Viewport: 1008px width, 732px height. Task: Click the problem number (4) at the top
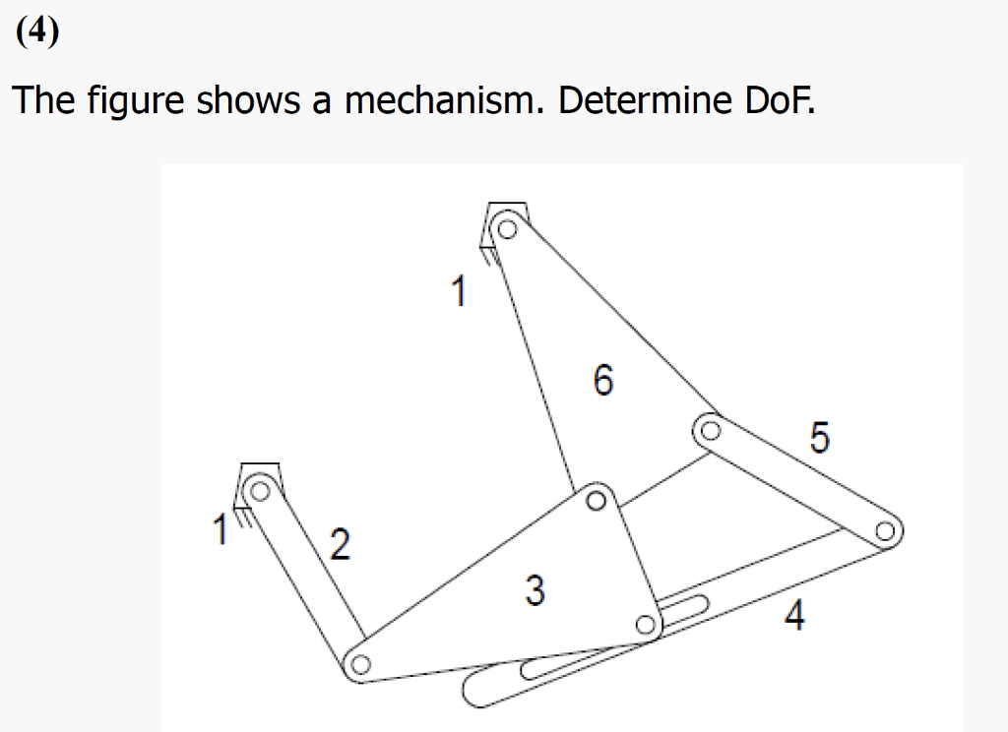tap(37, 32)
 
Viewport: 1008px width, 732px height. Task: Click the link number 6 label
tap(602, 379)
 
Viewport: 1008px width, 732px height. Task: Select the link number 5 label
tap(820, 436)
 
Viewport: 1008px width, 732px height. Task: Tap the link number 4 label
tap(794, 617)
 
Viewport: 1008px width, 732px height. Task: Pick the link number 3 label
tap(534, 590)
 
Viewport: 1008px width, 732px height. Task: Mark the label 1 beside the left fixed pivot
tap(220, 529)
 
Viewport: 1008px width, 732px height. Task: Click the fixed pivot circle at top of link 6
tap(506, 230)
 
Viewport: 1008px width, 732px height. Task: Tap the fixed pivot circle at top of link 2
tap(260, 489)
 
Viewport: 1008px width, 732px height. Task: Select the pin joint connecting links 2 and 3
tap(359, 665)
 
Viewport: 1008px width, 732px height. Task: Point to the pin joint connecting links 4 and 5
tap(884, 532)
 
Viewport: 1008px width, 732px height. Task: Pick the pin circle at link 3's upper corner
tap(595, 501)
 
